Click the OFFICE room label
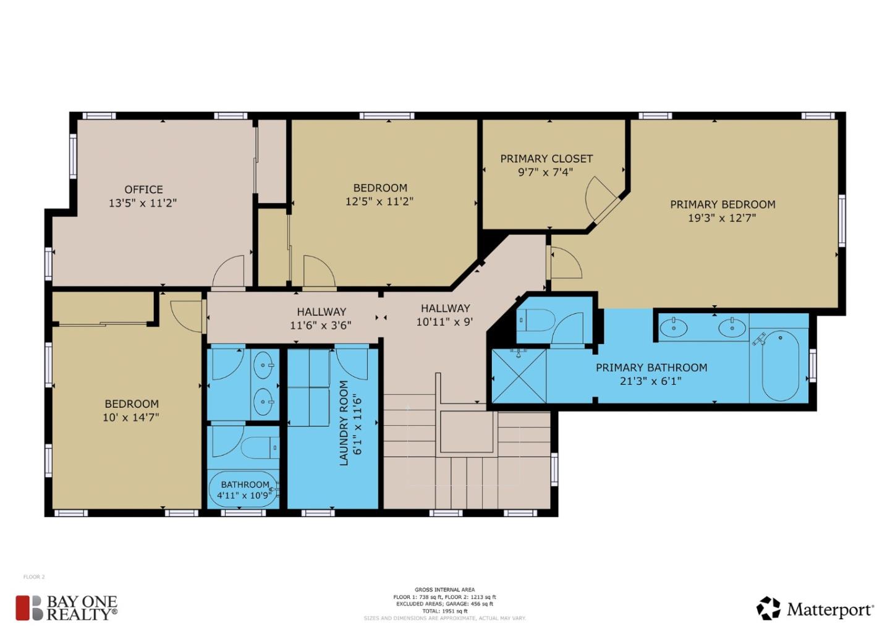[143, 190]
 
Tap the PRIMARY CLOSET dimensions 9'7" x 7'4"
[546, 172]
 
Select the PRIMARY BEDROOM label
[723, 205]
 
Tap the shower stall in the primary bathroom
[519, 376]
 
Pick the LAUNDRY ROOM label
[344, 423]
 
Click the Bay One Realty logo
[66, 608]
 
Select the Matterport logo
[815, 609]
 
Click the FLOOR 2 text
[34, 577]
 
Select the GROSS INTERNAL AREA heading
[444, 590]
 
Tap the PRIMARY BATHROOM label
[651, 368]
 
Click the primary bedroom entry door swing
[565, 263]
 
